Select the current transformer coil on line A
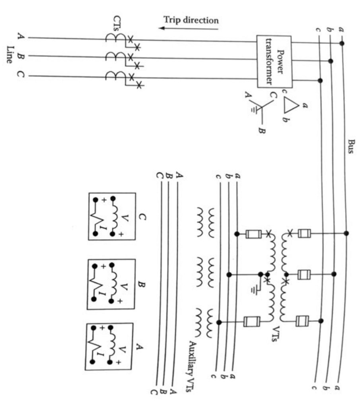pos(113,38)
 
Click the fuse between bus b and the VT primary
pos(305,274)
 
